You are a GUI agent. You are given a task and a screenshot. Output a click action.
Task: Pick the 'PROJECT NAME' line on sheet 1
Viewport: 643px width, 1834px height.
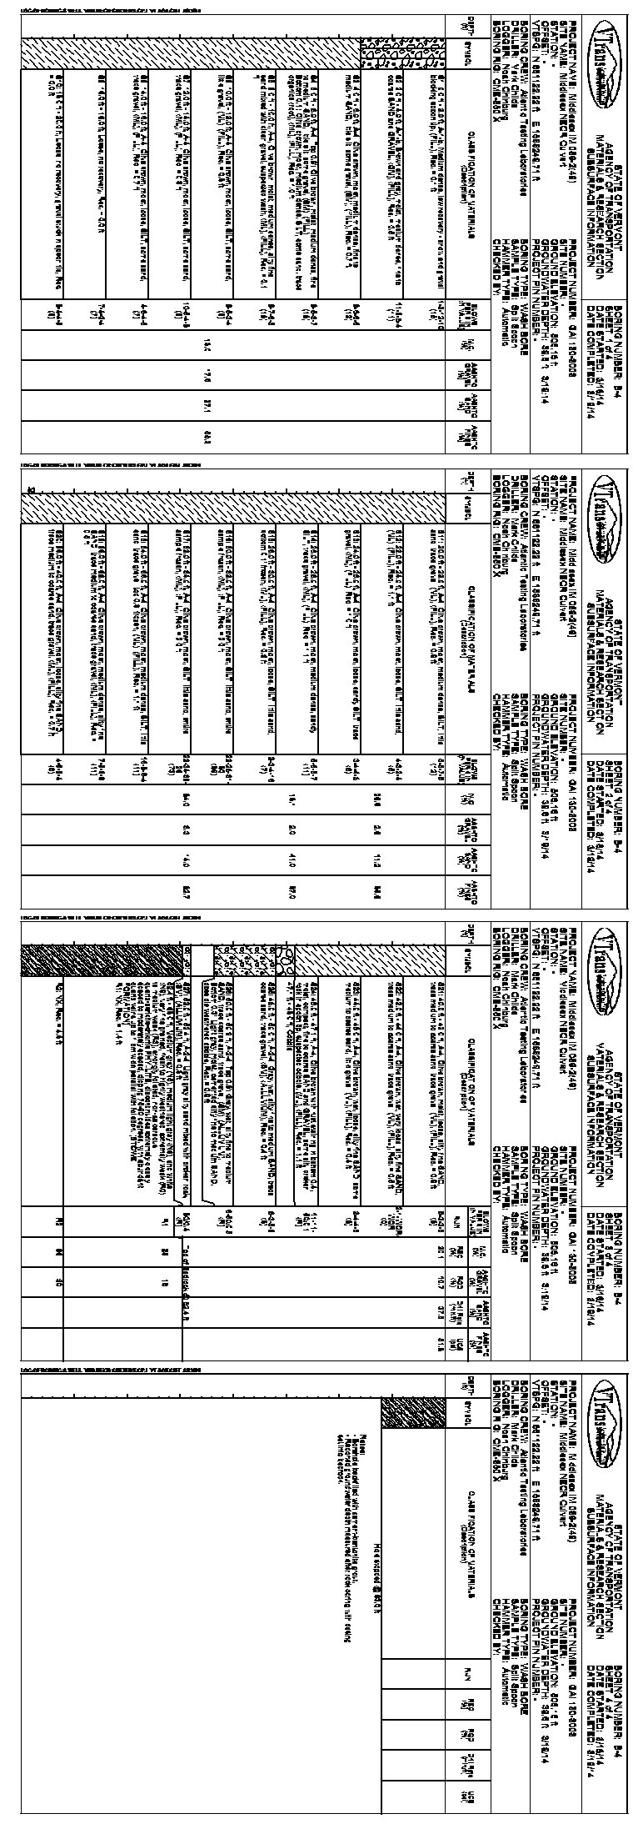[576, 133]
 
